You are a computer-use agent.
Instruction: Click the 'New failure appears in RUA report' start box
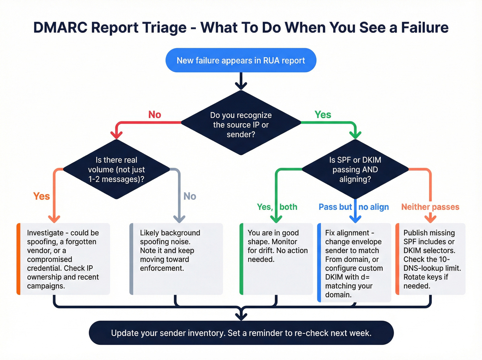(241, 60)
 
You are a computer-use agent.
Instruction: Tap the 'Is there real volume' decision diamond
(116, 169)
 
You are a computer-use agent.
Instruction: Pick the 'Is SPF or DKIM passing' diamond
(355, 169)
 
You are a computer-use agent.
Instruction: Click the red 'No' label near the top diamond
(155, 115)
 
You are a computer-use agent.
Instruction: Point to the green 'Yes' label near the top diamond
(323, 115)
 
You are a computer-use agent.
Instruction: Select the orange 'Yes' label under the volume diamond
(42, 196)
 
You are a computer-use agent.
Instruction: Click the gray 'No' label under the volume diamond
(190, 196)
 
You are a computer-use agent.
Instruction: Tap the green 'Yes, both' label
(277, 207)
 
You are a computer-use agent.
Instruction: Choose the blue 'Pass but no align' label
(354, 207)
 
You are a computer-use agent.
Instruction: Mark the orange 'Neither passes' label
(430, 207)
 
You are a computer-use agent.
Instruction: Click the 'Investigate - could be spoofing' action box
(63, 259)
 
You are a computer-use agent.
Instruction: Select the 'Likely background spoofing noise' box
(176, 259)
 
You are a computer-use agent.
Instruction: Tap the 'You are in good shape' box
(276, 259)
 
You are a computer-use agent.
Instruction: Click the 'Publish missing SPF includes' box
(430, 259)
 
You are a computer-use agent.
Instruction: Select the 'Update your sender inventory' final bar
(241, 333)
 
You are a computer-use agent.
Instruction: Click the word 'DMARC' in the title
(60, 28)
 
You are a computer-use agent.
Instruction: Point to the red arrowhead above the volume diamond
(117, 134)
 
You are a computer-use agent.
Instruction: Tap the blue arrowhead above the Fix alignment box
(355, 218)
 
